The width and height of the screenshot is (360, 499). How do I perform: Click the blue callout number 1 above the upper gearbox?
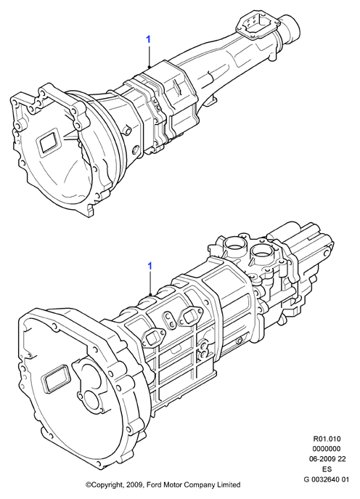point(148,40)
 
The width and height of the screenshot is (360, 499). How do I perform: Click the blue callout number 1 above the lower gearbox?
point(150,266)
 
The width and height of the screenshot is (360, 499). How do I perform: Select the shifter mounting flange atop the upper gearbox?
point(258,25)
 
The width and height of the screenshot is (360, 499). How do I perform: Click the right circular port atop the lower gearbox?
point(261,254)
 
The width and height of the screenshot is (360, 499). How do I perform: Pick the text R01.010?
point(327,439)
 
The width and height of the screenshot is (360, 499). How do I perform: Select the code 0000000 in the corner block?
point(327,449)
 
